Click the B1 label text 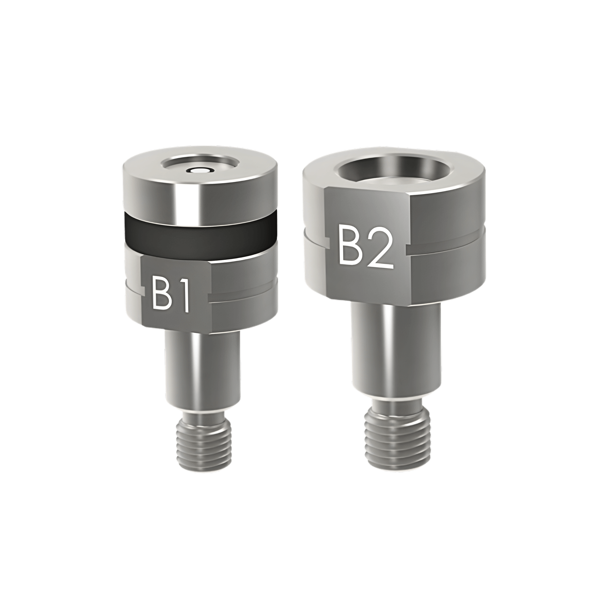171,294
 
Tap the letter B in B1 161,294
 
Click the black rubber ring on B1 199,230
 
